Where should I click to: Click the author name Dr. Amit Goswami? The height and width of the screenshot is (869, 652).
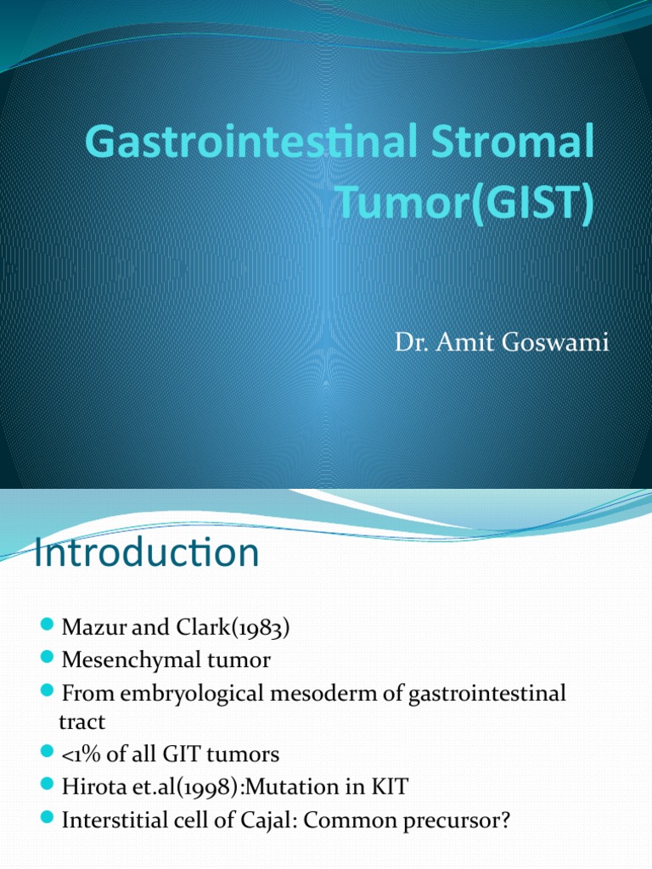(x=502, y=344)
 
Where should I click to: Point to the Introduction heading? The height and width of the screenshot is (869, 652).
(x=145, y=552)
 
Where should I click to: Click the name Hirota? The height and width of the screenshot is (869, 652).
(x=89, y=787)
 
